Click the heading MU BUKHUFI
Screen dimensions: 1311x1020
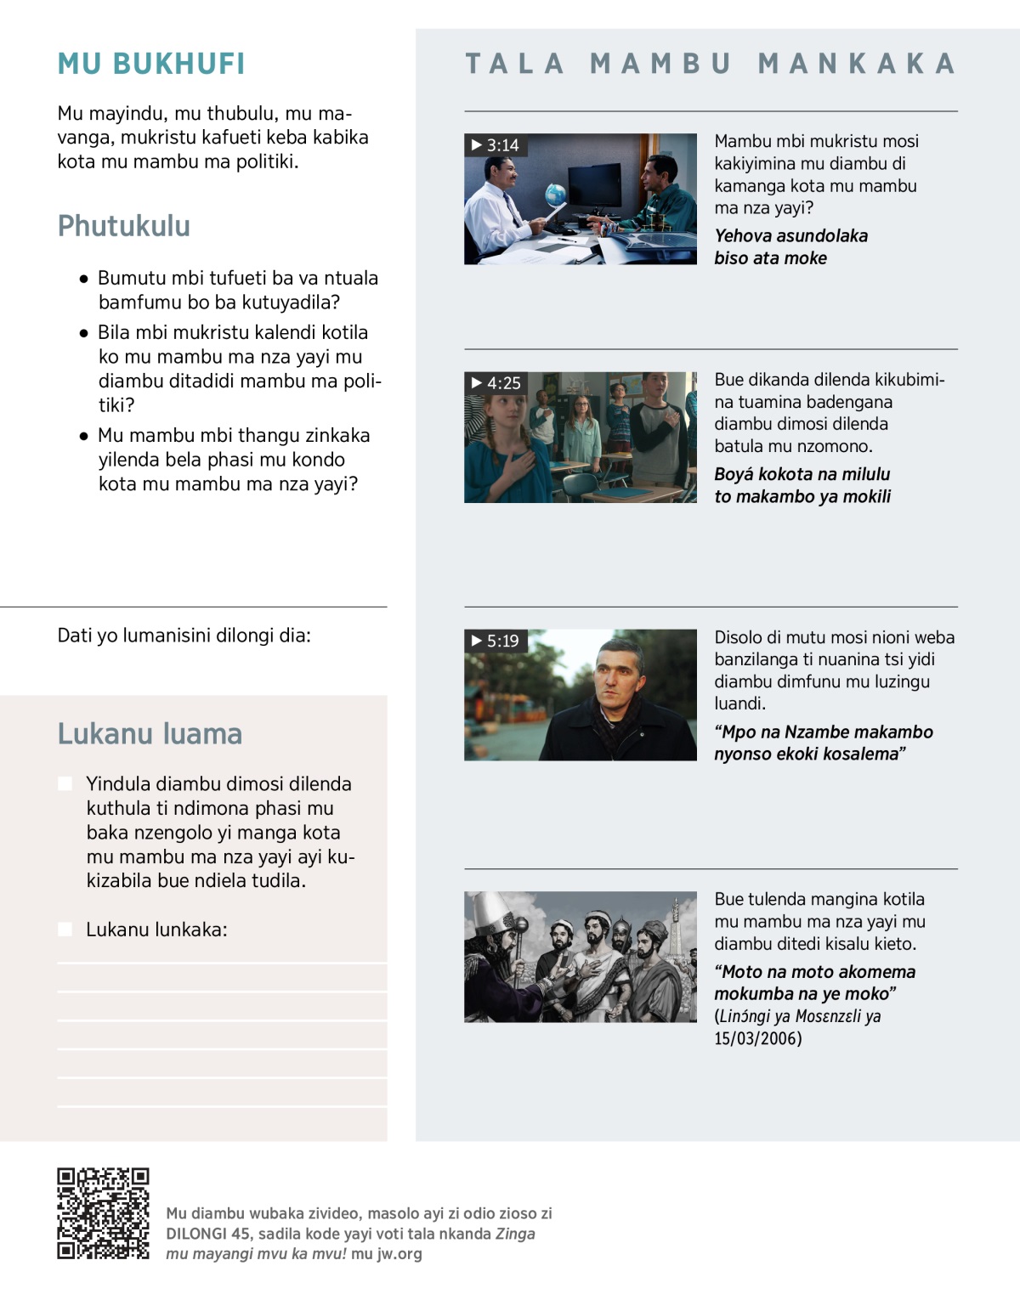click(x=151, y=64)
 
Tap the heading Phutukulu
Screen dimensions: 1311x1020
click(x=124, y=226)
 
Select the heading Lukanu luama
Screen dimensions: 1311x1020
click(x=150, y=733)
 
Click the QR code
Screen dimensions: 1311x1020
click(x=103, y=1213)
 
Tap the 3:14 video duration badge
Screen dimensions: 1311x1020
click(x=496, y=145)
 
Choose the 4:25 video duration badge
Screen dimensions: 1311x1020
click(x=496, y=383)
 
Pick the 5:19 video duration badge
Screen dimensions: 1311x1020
click(x=496, y=641)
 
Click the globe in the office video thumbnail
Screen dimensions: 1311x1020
click(x=556, y=195)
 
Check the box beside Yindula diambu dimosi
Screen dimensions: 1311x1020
click(x=65, y=783)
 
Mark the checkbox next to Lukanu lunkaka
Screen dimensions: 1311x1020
click(x=65, y=930)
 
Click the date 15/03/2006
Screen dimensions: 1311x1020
click(x=757, y=1038)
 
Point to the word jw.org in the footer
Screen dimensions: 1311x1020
click(x=399, y=1253)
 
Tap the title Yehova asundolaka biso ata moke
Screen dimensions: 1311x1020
click(x=790, y=246)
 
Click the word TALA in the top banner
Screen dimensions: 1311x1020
click(x=515, y=64)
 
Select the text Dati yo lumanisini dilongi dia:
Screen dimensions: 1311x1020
click(x=184, y=636)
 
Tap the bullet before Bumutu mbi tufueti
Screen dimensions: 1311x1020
click(x=83, y=279)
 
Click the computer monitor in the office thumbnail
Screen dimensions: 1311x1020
click(x=594, y=183)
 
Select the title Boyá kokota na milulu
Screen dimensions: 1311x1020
click(x=802, y=485)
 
